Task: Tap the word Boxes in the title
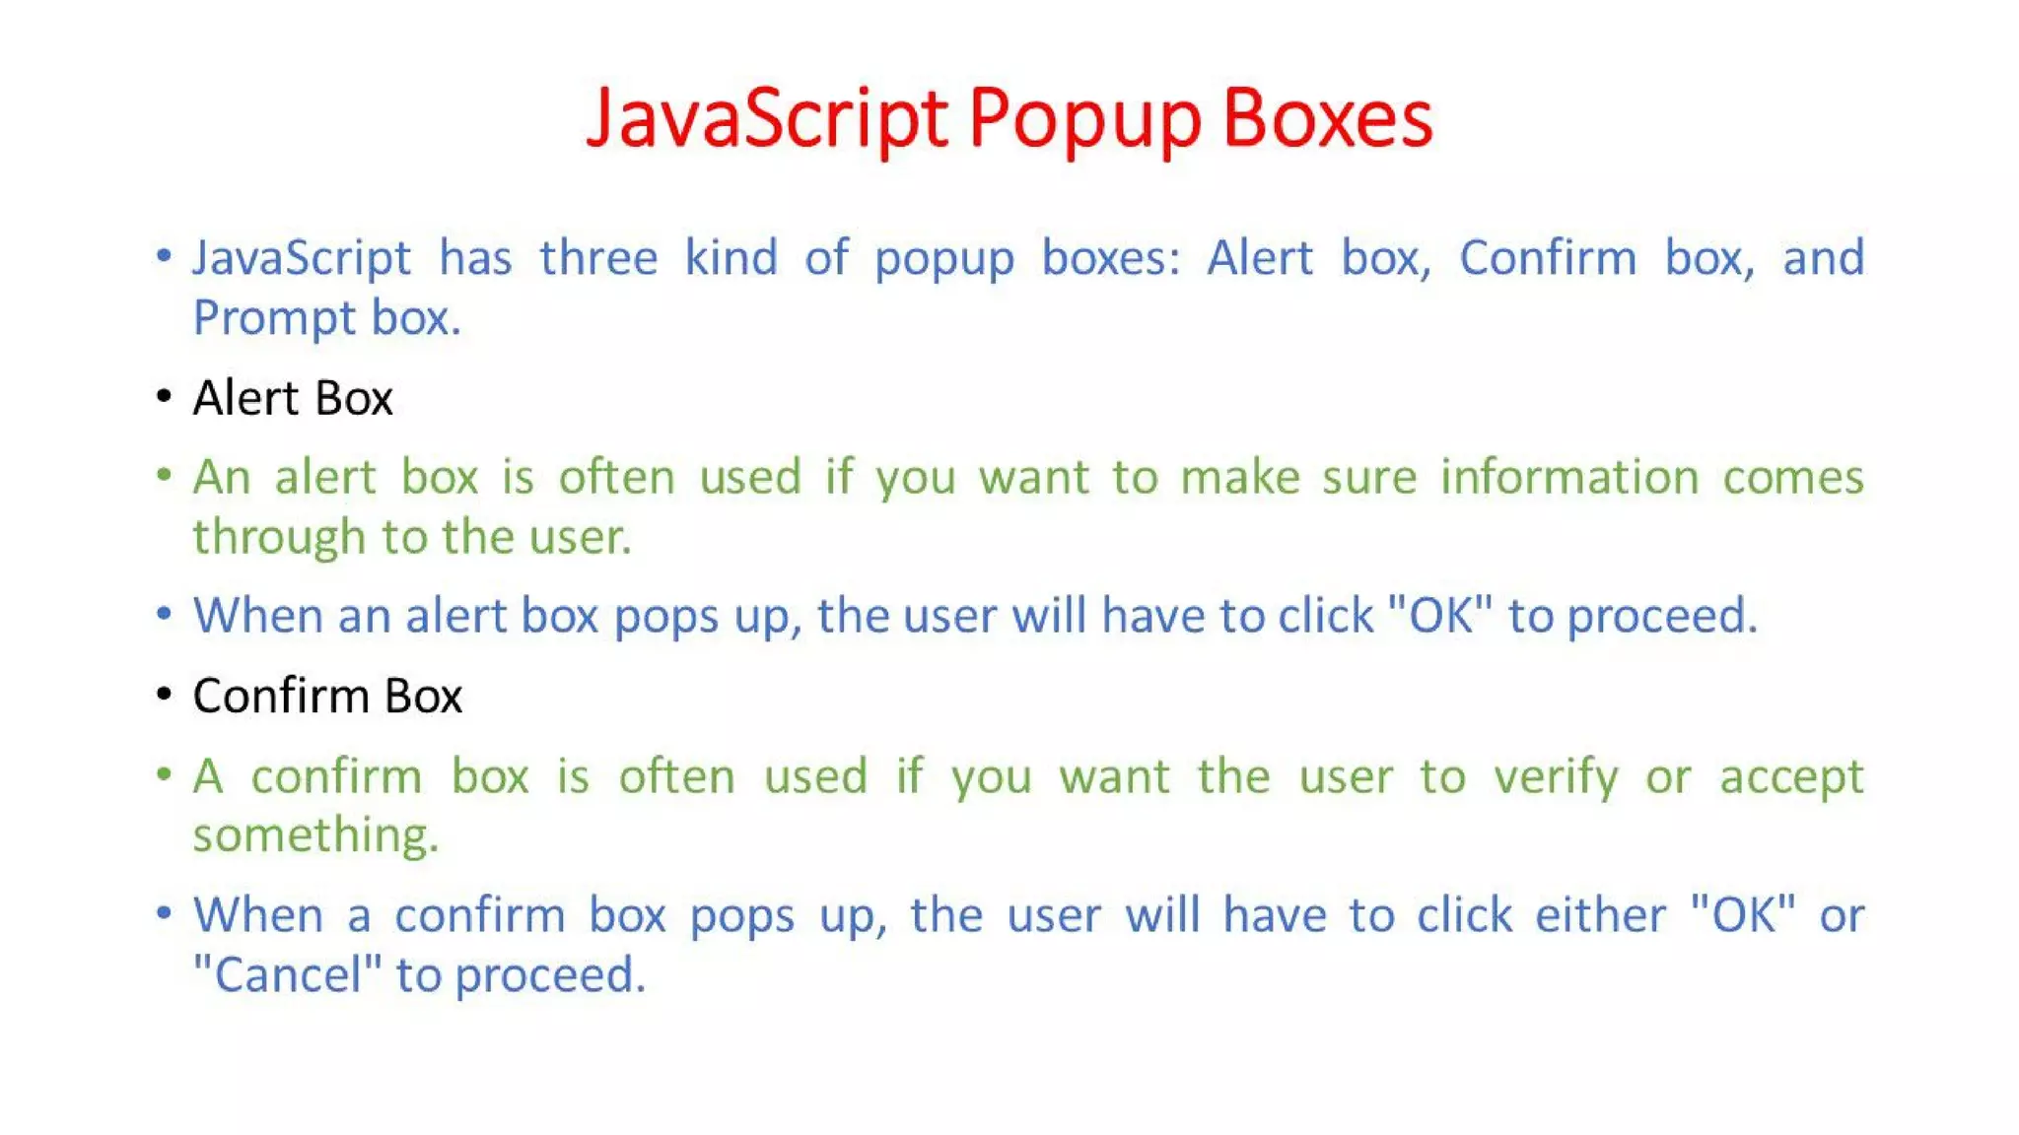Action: point(1327,118)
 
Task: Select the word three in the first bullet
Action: point(597,258)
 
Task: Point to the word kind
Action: point(731,258)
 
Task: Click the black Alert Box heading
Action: point(293,398)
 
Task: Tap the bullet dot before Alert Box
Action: point(165,397)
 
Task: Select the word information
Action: point(1569,478)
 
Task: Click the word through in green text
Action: point(279,538)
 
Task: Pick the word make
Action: point(1239,478)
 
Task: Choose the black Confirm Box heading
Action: point(327,697)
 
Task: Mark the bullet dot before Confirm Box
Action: point(165,695)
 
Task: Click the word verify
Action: point(1556,777)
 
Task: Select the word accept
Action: point(1791,777)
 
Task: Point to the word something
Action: point(315,835)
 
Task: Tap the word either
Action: point(1600,915)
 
